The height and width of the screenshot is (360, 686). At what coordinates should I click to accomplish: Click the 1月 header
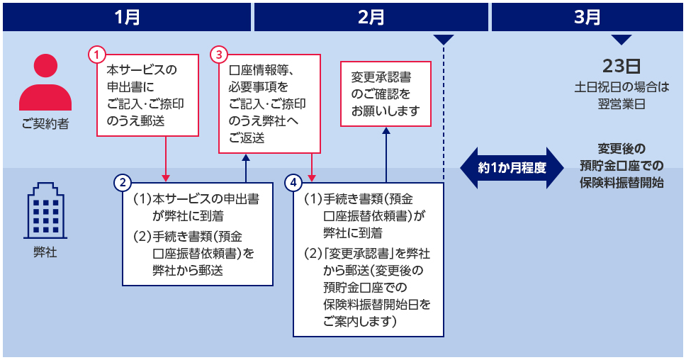127,17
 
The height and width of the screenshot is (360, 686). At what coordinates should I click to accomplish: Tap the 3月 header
587,17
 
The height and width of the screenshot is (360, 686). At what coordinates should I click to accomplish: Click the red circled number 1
97,54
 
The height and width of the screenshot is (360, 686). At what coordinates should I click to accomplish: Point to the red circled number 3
220,54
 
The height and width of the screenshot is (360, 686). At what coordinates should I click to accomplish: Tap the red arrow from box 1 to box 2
166,158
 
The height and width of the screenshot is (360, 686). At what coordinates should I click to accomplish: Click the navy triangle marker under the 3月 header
622,40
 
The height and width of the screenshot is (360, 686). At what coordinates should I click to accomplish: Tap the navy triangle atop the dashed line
444,40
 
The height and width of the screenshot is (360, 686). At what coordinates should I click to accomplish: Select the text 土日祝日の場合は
622,88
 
